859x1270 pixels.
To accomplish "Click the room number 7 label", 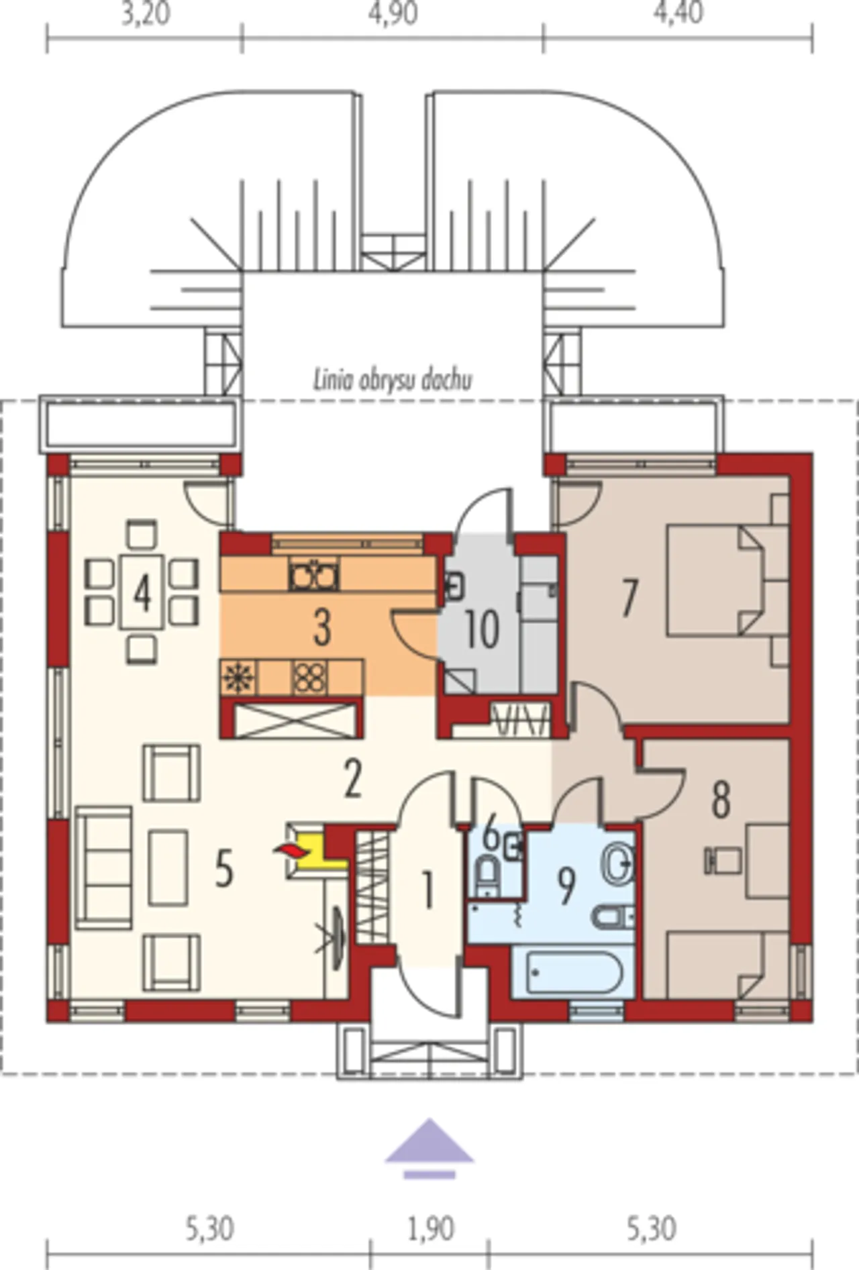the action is click(629, 598).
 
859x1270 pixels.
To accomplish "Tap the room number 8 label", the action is click(721, 799).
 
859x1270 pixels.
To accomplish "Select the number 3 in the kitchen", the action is click(323, 628).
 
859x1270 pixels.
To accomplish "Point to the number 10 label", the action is click(482, 629).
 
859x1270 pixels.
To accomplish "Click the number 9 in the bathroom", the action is click(567, 886).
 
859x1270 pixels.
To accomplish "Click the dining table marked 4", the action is click(142, 592).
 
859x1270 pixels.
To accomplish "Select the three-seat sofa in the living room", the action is click(104, 868).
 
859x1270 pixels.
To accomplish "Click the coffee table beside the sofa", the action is click(168, 868).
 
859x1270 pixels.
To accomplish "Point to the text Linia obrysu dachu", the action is click(393, 380).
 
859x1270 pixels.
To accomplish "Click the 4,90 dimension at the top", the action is click(393, 13).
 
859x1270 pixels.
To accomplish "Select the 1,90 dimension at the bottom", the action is click(431, 1229).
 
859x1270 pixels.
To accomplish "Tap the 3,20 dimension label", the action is click(146, 13).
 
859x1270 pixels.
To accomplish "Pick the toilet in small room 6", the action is click(487, 876).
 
